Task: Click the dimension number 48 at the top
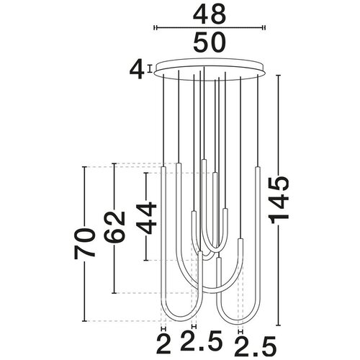[210, 14]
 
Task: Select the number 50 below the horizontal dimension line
[210, 42]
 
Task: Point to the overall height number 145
[279, 200]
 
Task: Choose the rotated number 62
[114, 227]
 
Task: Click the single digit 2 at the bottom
[163, 345]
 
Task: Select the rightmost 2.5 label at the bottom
[256, 346]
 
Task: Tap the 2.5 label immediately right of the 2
[202, 340]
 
